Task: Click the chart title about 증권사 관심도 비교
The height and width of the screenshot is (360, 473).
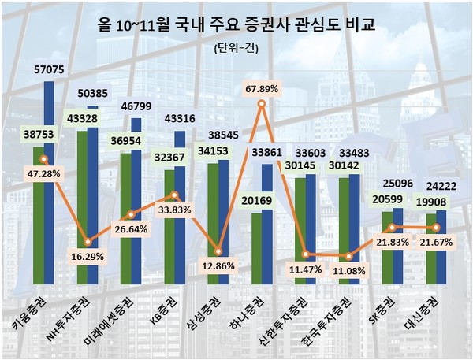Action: (236, 25)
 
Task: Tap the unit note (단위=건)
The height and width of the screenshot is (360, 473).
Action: (236, 48)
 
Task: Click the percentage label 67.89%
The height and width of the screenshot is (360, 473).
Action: (262, 87)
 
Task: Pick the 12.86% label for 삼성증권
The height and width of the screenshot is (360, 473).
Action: (218, 266)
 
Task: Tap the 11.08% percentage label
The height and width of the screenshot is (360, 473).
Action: (347, 271)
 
